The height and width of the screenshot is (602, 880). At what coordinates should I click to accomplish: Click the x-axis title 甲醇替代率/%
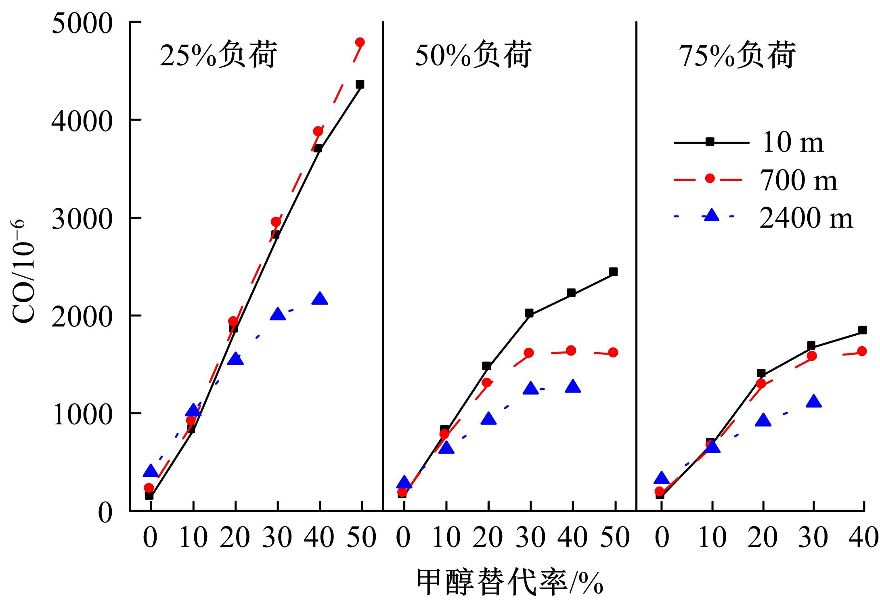pos(509,582)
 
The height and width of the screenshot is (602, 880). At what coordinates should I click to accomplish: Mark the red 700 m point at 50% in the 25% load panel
pos(360,42)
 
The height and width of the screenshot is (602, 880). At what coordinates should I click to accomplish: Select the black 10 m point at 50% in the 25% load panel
pos(360,84)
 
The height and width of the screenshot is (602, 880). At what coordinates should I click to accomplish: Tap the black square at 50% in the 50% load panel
pos(613,272)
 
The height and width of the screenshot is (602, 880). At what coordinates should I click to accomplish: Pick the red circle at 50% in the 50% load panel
pos(613,352)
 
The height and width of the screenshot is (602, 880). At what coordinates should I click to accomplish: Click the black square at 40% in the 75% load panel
pos(862,330)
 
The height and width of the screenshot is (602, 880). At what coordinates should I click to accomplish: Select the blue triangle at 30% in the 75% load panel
pos(813,401)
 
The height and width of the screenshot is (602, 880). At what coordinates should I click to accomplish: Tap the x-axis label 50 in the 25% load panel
pos(362,538)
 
